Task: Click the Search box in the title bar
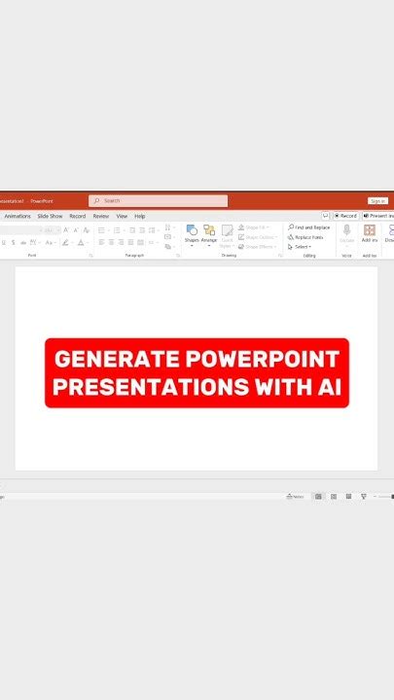coord(158,200)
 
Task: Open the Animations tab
coord(18,216)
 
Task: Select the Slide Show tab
coord(50,216)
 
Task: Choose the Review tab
coord(100,216)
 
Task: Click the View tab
coord(122,216)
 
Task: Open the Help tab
coord(140,216)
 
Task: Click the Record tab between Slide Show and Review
coord(77,216)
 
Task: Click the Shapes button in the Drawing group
coord(192,233)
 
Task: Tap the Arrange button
coord(209,233)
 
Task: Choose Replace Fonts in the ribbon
coord(308,237)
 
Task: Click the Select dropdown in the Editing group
coord(302,247)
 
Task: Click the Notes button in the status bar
coord(296,496)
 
